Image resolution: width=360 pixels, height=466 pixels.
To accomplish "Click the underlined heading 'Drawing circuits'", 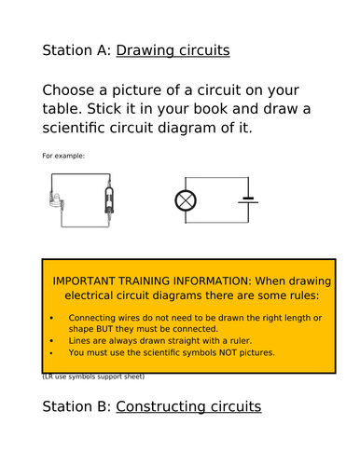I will [x=173, y=50].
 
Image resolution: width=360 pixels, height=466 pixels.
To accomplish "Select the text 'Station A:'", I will [x=76, y=50].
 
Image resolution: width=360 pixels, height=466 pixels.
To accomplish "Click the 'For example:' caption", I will [x=63, y=156].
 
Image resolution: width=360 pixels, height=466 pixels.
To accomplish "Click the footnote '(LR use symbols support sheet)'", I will [x=93, y=377].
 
